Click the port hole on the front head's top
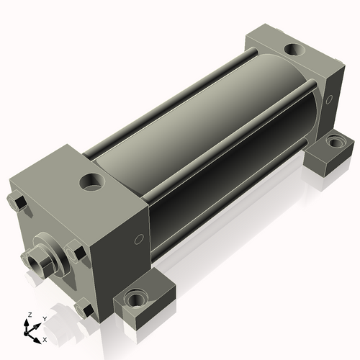click(x=92, y=182)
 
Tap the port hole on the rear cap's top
click(x=294, y=50)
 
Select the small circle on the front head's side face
click(x=139, y=239)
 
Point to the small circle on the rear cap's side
click(x=330, y=99)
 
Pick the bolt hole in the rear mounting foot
click(x=335, y=143)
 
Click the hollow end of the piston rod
click(x=35, y=262)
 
